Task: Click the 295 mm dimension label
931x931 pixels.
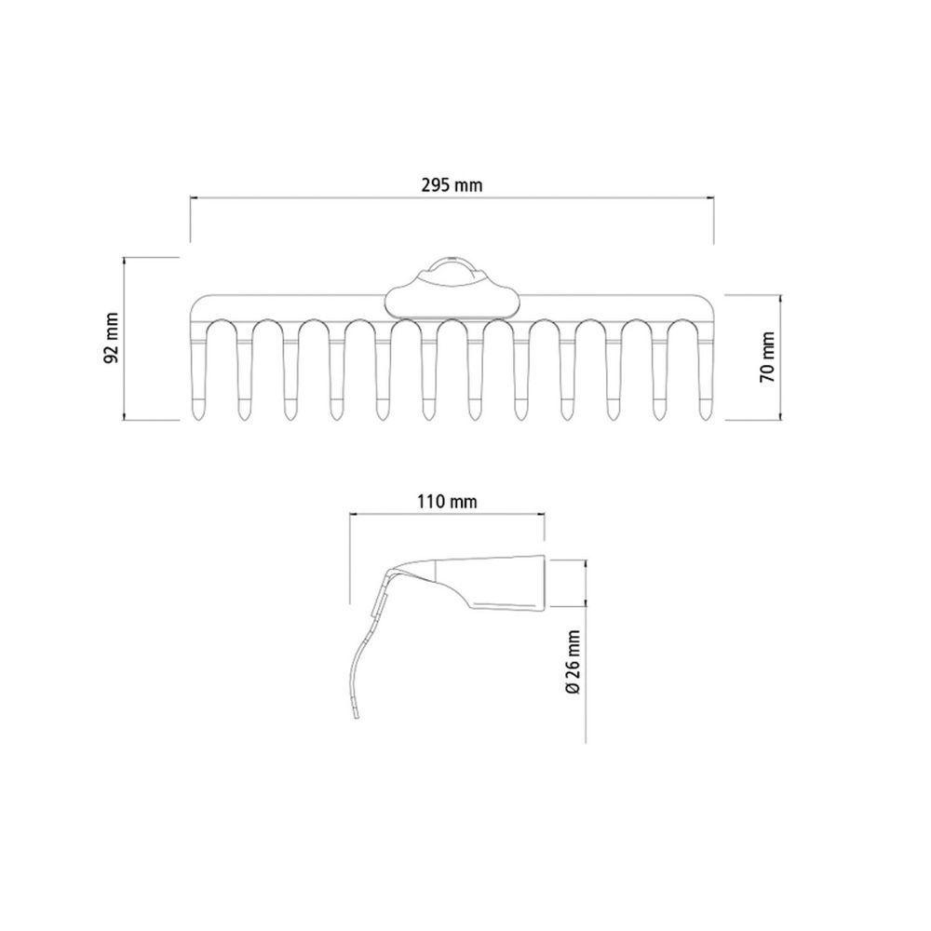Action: pos(452,185)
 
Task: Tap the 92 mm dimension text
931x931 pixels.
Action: pos(112,339)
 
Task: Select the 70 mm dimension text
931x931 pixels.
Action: pos(768,358)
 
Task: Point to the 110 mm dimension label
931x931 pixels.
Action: pos(447,502)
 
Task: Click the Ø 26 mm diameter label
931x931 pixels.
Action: pos(573,662)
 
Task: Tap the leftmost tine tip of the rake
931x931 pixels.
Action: pos(197,420)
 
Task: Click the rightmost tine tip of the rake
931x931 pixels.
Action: pos(706,420)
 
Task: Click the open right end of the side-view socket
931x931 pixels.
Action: pos(544,583)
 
